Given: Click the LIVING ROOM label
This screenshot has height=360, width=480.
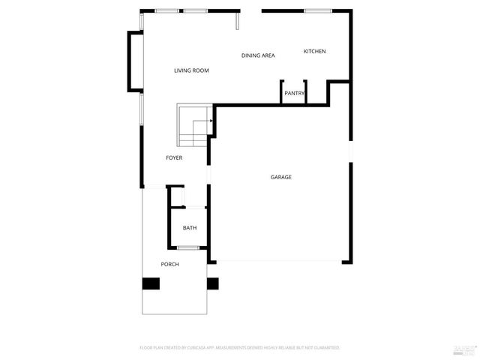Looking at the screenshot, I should [191, 70].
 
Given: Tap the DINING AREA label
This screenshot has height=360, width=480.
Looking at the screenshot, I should [258, 55].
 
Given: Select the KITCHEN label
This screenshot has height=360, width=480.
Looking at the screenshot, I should [314, 51].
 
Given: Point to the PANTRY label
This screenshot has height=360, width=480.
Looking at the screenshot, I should [294, 94].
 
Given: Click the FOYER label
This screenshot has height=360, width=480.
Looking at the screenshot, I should [174, 157].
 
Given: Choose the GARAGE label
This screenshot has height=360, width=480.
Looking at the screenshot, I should [281, 177].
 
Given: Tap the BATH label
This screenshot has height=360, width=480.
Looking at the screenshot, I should [190, 228].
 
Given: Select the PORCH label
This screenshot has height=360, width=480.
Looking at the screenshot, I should [170, 264].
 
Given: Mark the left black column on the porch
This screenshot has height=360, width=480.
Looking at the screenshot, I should [151, 283].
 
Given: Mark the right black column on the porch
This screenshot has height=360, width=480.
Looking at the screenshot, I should [212, 283].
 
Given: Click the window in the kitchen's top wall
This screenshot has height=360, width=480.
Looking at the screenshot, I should [318, 10].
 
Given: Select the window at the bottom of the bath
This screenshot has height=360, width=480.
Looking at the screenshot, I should [188, 247].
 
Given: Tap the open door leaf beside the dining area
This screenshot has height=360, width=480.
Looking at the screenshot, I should [238, 21].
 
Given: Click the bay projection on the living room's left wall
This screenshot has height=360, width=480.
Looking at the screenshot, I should [135, 61].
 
